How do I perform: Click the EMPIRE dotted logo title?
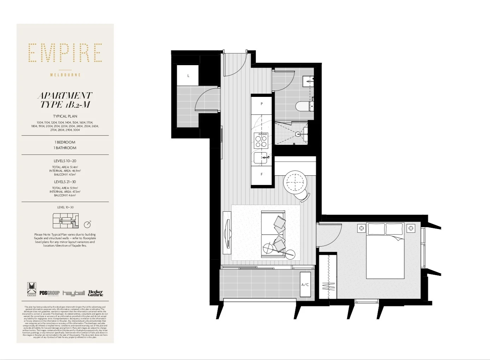(x=65, y=53)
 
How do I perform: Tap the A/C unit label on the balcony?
(x=305, y=285)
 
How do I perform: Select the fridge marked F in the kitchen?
(x=262, y=174)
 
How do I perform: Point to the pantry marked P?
(x=262, y=104)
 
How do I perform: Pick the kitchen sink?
(x=261, y=158)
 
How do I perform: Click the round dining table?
(x=295, y=181)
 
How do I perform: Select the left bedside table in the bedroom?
(x=361, y=229)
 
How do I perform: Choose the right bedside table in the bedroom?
(x=411, y=229)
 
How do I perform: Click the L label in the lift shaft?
(x=188, y=76)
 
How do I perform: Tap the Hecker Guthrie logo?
(x=95, y=293)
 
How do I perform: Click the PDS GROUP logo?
(x=49, y=293)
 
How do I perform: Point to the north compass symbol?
(x=88, y=224)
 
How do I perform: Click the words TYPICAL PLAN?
(x=65, y=116)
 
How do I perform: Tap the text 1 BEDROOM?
(x=65, y=142)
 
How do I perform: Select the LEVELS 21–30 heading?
(x=65, y=182)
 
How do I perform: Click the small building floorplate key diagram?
(x=66, y=221)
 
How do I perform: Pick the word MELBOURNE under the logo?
(x=65, y=75)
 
